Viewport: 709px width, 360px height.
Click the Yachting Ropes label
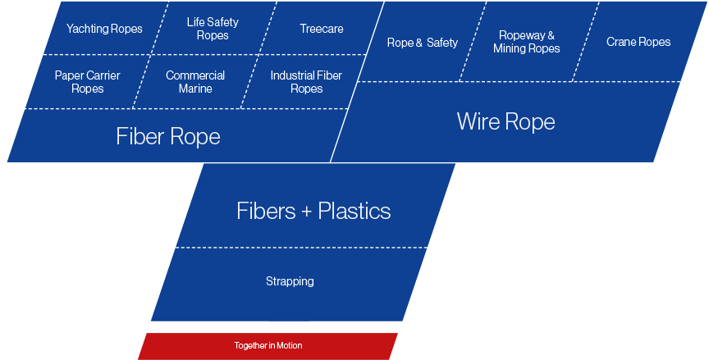[x=104, y=29]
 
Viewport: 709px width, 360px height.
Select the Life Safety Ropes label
[x=213, y=29]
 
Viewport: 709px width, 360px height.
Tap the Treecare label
[x=322, y=29]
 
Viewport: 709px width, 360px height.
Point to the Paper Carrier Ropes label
[x=87, y=82]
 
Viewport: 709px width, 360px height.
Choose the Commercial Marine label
[x=195, y=82]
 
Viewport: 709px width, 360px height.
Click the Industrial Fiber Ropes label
[x=306, y=82]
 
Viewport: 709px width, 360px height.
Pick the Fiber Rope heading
[x=168, y=136]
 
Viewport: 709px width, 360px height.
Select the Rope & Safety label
[x=423, y=43]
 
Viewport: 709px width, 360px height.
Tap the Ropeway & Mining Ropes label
[x=526, y=42]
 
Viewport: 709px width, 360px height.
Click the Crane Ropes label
[x=638, y=42]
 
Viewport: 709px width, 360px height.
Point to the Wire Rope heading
[x=506, y=121]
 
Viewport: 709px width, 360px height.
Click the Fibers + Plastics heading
[x=313, y=211]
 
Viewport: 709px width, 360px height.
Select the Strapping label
[x=290, y=281]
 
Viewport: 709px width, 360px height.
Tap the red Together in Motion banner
[x=268, y=346]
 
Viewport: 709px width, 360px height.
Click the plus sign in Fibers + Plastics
[x=307, y=212]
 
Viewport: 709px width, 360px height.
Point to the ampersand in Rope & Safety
[x=419, y=43]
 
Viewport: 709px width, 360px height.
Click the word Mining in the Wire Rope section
[x=509, y=48]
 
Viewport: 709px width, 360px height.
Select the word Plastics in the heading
[x=354, y=211]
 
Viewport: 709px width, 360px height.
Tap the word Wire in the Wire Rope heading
[x=478, y=121]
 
